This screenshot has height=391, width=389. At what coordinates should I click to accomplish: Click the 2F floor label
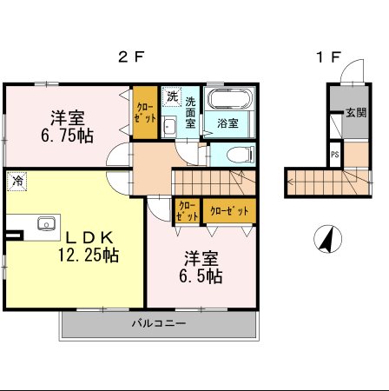click(x=130, y=58)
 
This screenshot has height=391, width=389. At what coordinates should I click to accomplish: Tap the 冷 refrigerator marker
click(x=16, y=181)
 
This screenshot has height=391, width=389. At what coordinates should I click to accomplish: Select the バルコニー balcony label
click(x=158, y=323)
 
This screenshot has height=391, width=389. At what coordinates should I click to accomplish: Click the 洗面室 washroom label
click(x=190, y=112)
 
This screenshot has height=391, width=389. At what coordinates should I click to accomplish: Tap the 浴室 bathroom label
click(x=228, y=123)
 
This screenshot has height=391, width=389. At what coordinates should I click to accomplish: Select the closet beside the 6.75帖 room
click(x=144, y=113)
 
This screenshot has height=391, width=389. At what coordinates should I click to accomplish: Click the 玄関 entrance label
click(x=355, y=113)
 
